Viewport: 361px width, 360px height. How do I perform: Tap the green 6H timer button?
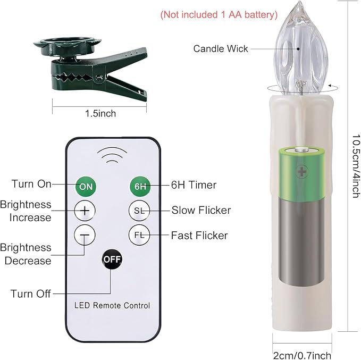click(140, 186)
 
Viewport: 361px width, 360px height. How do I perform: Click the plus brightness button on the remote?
click(85, 211)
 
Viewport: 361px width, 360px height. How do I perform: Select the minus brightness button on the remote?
click(85, 235)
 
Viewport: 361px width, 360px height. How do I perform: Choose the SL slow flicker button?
click(139, 211)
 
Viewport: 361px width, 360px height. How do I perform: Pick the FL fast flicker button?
click(139, 235)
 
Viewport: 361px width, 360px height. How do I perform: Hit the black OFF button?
click(112, 259)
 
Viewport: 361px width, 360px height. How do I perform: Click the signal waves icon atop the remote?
click(112, 155)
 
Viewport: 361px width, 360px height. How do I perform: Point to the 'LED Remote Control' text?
click(112, 305)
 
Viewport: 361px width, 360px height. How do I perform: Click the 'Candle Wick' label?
click(221, 48)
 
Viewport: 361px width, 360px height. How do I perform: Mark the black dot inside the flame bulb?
click(298, 49)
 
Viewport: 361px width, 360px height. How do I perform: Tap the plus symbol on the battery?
click(301, 171)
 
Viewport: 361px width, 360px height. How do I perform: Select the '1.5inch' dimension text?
click(100, 114)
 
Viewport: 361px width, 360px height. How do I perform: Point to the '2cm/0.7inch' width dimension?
click(302, 355)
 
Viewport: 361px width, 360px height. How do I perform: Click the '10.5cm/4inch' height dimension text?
click(356, 166)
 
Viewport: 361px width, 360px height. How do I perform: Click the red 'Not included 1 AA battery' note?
click(219, 15)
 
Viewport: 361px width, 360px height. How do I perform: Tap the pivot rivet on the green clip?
click(99, 77)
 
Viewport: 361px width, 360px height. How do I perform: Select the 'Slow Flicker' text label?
click(201, 210)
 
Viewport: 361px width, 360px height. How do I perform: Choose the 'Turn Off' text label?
click(31, 294)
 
